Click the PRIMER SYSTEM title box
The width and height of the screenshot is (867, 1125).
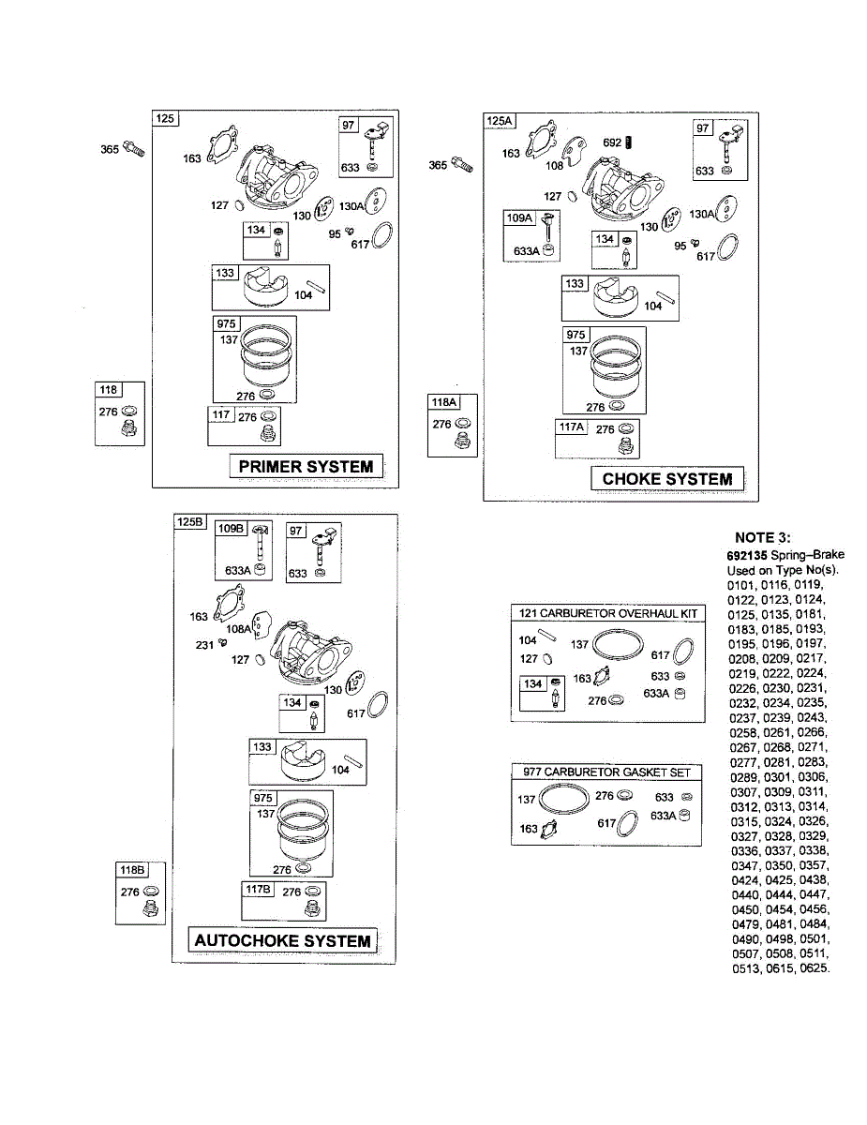(x=306, y=466)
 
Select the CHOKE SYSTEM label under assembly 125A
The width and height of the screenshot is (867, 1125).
(x=666, y=478)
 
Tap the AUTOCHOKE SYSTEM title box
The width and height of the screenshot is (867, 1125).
(x=282, y=940)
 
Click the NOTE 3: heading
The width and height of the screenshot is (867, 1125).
(x=762, y=537)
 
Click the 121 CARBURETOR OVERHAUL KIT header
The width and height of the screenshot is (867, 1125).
(x=608, y=613)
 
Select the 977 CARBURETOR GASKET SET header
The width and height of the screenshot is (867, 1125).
(x=606, y=772)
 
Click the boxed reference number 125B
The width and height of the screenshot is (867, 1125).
(x=189, y=522)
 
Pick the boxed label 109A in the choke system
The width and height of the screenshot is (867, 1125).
(x=520, y=218)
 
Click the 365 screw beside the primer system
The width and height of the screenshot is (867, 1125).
(x=134, y=149)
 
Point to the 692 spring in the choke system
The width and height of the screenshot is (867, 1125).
(x=630, y=142)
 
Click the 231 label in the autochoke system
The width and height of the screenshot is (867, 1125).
(x=204, y=644)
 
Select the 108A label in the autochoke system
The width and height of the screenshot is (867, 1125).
(x=239, y=629)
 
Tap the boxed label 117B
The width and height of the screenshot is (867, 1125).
(x=258, y=888)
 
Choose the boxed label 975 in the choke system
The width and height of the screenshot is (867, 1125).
(x=576, y=335)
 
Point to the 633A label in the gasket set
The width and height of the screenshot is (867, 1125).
(x=663, y=816)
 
